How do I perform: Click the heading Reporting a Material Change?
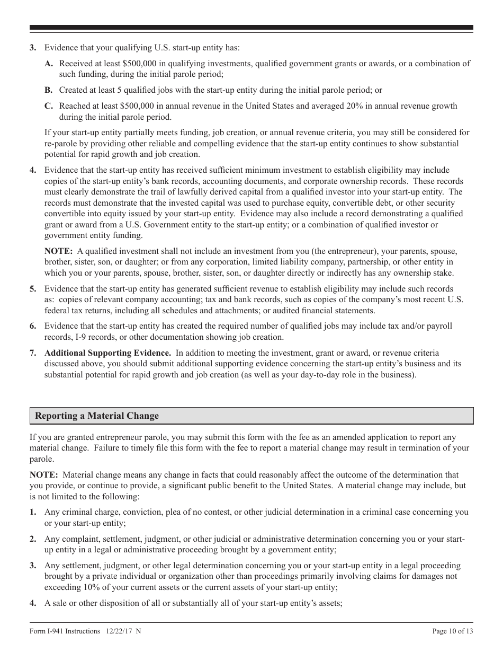pos(97,416)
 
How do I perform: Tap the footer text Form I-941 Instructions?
pos(65,631)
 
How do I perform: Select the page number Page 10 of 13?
pos(453,631)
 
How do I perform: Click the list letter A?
pos(49,64)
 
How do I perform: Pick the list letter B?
pos(49,91)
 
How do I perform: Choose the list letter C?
pos(49,107)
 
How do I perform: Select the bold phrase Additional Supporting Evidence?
pos(107,353)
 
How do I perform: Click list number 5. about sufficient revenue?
pos(33,289)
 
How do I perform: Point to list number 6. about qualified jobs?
pos(33,326)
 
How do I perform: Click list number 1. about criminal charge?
pos(33,513)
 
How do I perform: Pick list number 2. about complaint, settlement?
pos(33,539)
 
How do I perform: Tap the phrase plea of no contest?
pos(196,513)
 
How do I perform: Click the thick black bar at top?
pos(251,27)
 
